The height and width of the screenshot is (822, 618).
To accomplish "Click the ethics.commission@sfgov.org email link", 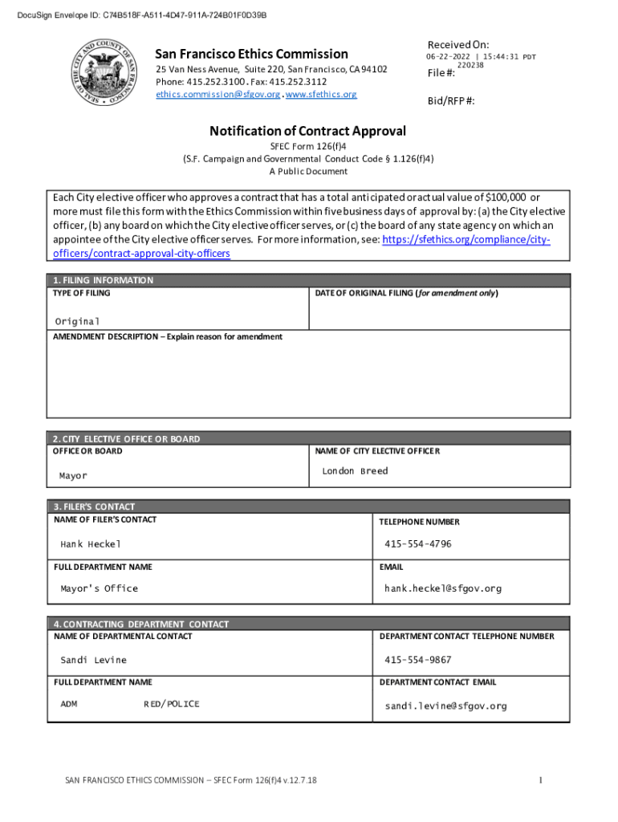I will pyautogui.click(x=218, y=95).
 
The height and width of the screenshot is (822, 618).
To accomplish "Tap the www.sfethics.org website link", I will pyautogui.click(x=321, y=95).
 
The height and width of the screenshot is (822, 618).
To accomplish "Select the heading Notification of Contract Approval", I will pyautogui.click(x=308, y=131).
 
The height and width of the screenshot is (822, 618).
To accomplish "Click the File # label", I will pyautogui.click(x=441, y=73).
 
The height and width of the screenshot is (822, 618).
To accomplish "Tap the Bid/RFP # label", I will pyautogui.click(x=451, y=102).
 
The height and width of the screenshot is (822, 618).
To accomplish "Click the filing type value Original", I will pyautogui.click(x=77, y=321).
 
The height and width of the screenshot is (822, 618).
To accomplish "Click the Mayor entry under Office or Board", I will pyautogui.click(x=73, y=476).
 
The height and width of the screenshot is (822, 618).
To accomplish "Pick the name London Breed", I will pyautogui.click(x=355, y=471).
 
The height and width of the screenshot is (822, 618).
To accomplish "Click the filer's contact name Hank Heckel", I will pyautogui.click(x=91, y=544).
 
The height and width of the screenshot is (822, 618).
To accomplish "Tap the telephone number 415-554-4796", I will pyautogui.click(x=417, y=544).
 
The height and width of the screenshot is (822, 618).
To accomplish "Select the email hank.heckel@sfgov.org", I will pyautogui.click(x=443, y=588).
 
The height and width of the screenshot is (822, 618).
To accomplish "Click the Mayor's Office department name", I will pyautogui.click(x=99, y=588).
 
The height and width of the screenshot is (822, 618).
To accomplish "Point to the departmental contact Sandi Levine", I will pyautogui.click(x=93, y=660).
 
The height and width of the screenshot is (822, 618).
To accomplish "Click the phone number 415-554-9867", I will pyautogui.click(x=417, y=660).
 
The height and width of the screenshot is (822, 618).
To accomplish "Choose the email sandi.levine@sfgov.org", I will pyautogui.click(x=445, y=706).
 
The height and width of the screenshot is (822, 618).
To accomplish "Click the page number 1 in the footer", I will pyautogui.click(x=542, y=779).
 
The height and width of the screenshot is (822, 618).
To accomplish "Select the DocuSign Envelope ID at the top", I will pyautogui.click(x=136, y=15).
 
